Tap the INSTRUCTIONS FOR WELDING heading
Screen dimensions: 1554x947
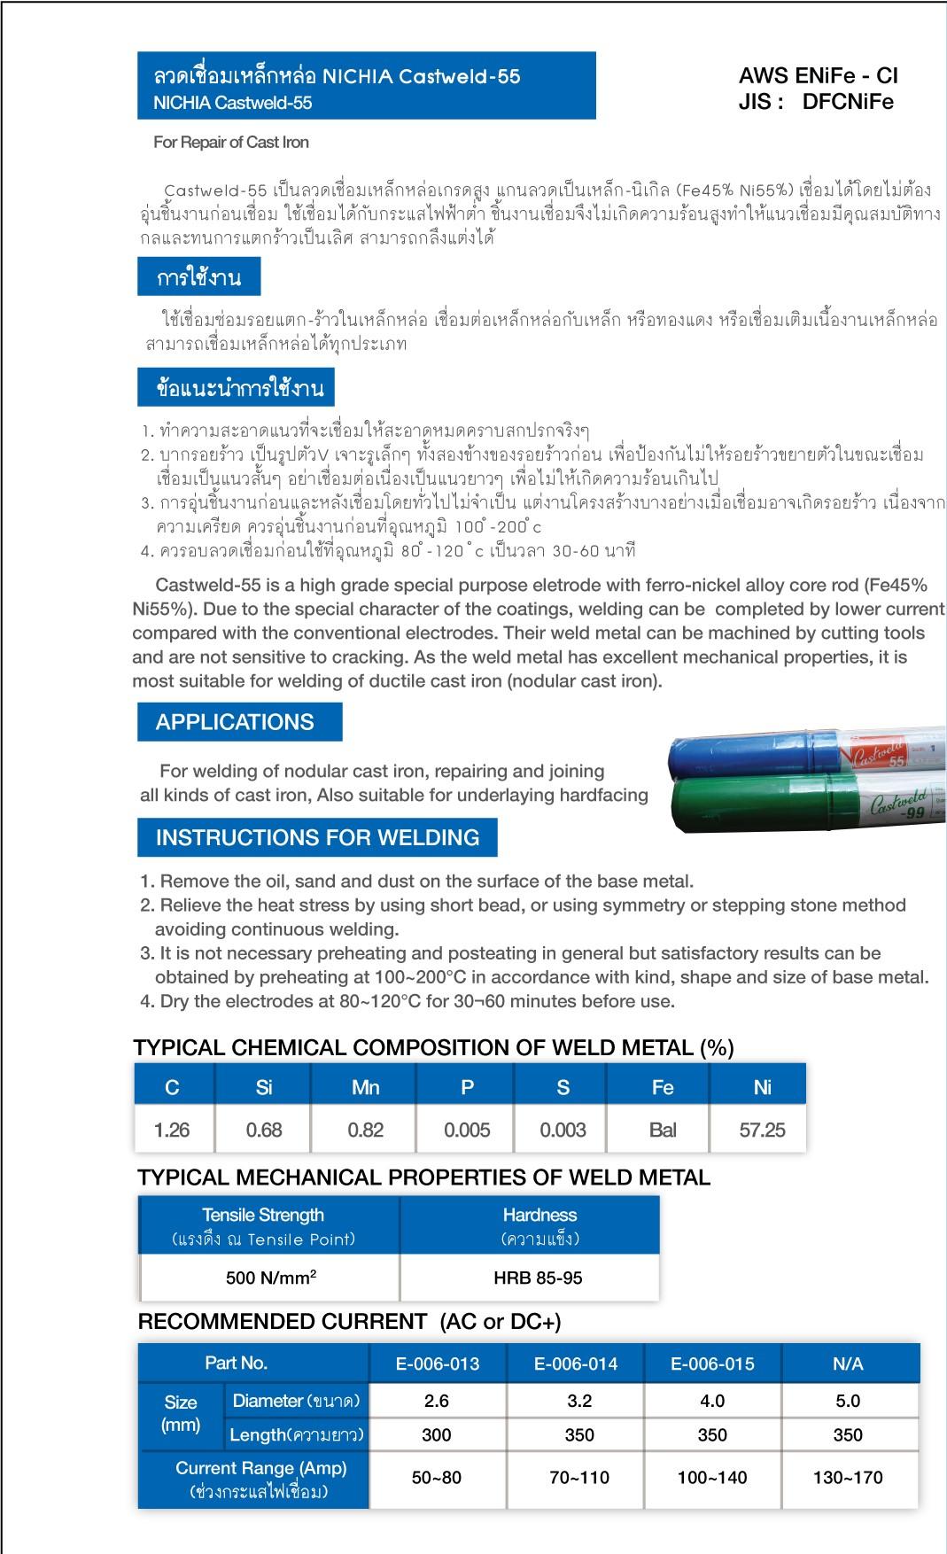[317, 837]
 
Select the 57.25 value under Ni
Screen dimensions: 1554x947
[762, 1130]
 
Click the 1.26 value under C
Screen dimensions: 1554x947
[172, 1130]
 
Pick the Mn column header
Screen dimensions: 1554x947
[365, 1087]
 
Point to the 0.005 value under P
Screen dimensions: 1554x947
[467, 1130]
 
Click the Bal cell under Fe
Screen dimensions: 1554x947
[662, 1130]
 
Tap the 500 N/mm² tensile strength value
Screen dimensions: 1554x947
[271, 1278]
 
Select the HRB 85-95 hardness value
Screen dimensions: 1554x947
[538, 1278]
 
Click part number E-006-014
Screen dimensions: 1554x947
[576, 1364]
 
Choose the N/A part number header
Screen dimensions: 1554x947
[848, 1364]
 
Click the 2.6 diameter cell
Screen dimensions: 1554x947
[437, 1401]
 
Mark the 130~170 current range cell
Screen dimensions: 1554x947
[848, 1477]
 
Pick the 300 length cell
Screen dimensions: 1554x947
[437, 1434]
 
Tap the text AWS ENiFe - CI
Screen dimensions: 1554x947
[819, 76]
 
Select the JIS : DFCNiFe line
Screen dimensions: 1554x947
[816, 102]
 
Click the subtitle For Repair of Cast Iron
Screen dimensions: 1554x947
[231, 143]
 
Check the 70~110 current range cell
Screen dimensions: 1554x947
[579, 1477]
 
